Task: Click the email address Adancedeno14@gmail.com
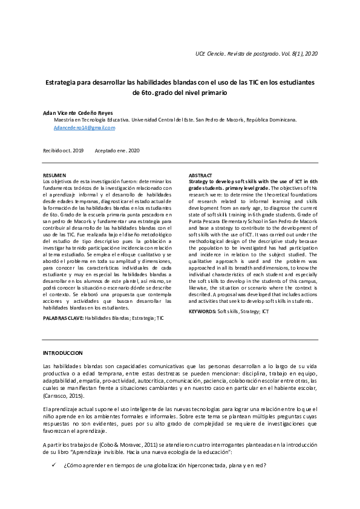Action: tap(83, 128)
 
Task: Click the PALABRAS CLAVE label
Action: tap(63, 317)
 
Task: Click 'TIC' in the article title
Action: tap(255, 82)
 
